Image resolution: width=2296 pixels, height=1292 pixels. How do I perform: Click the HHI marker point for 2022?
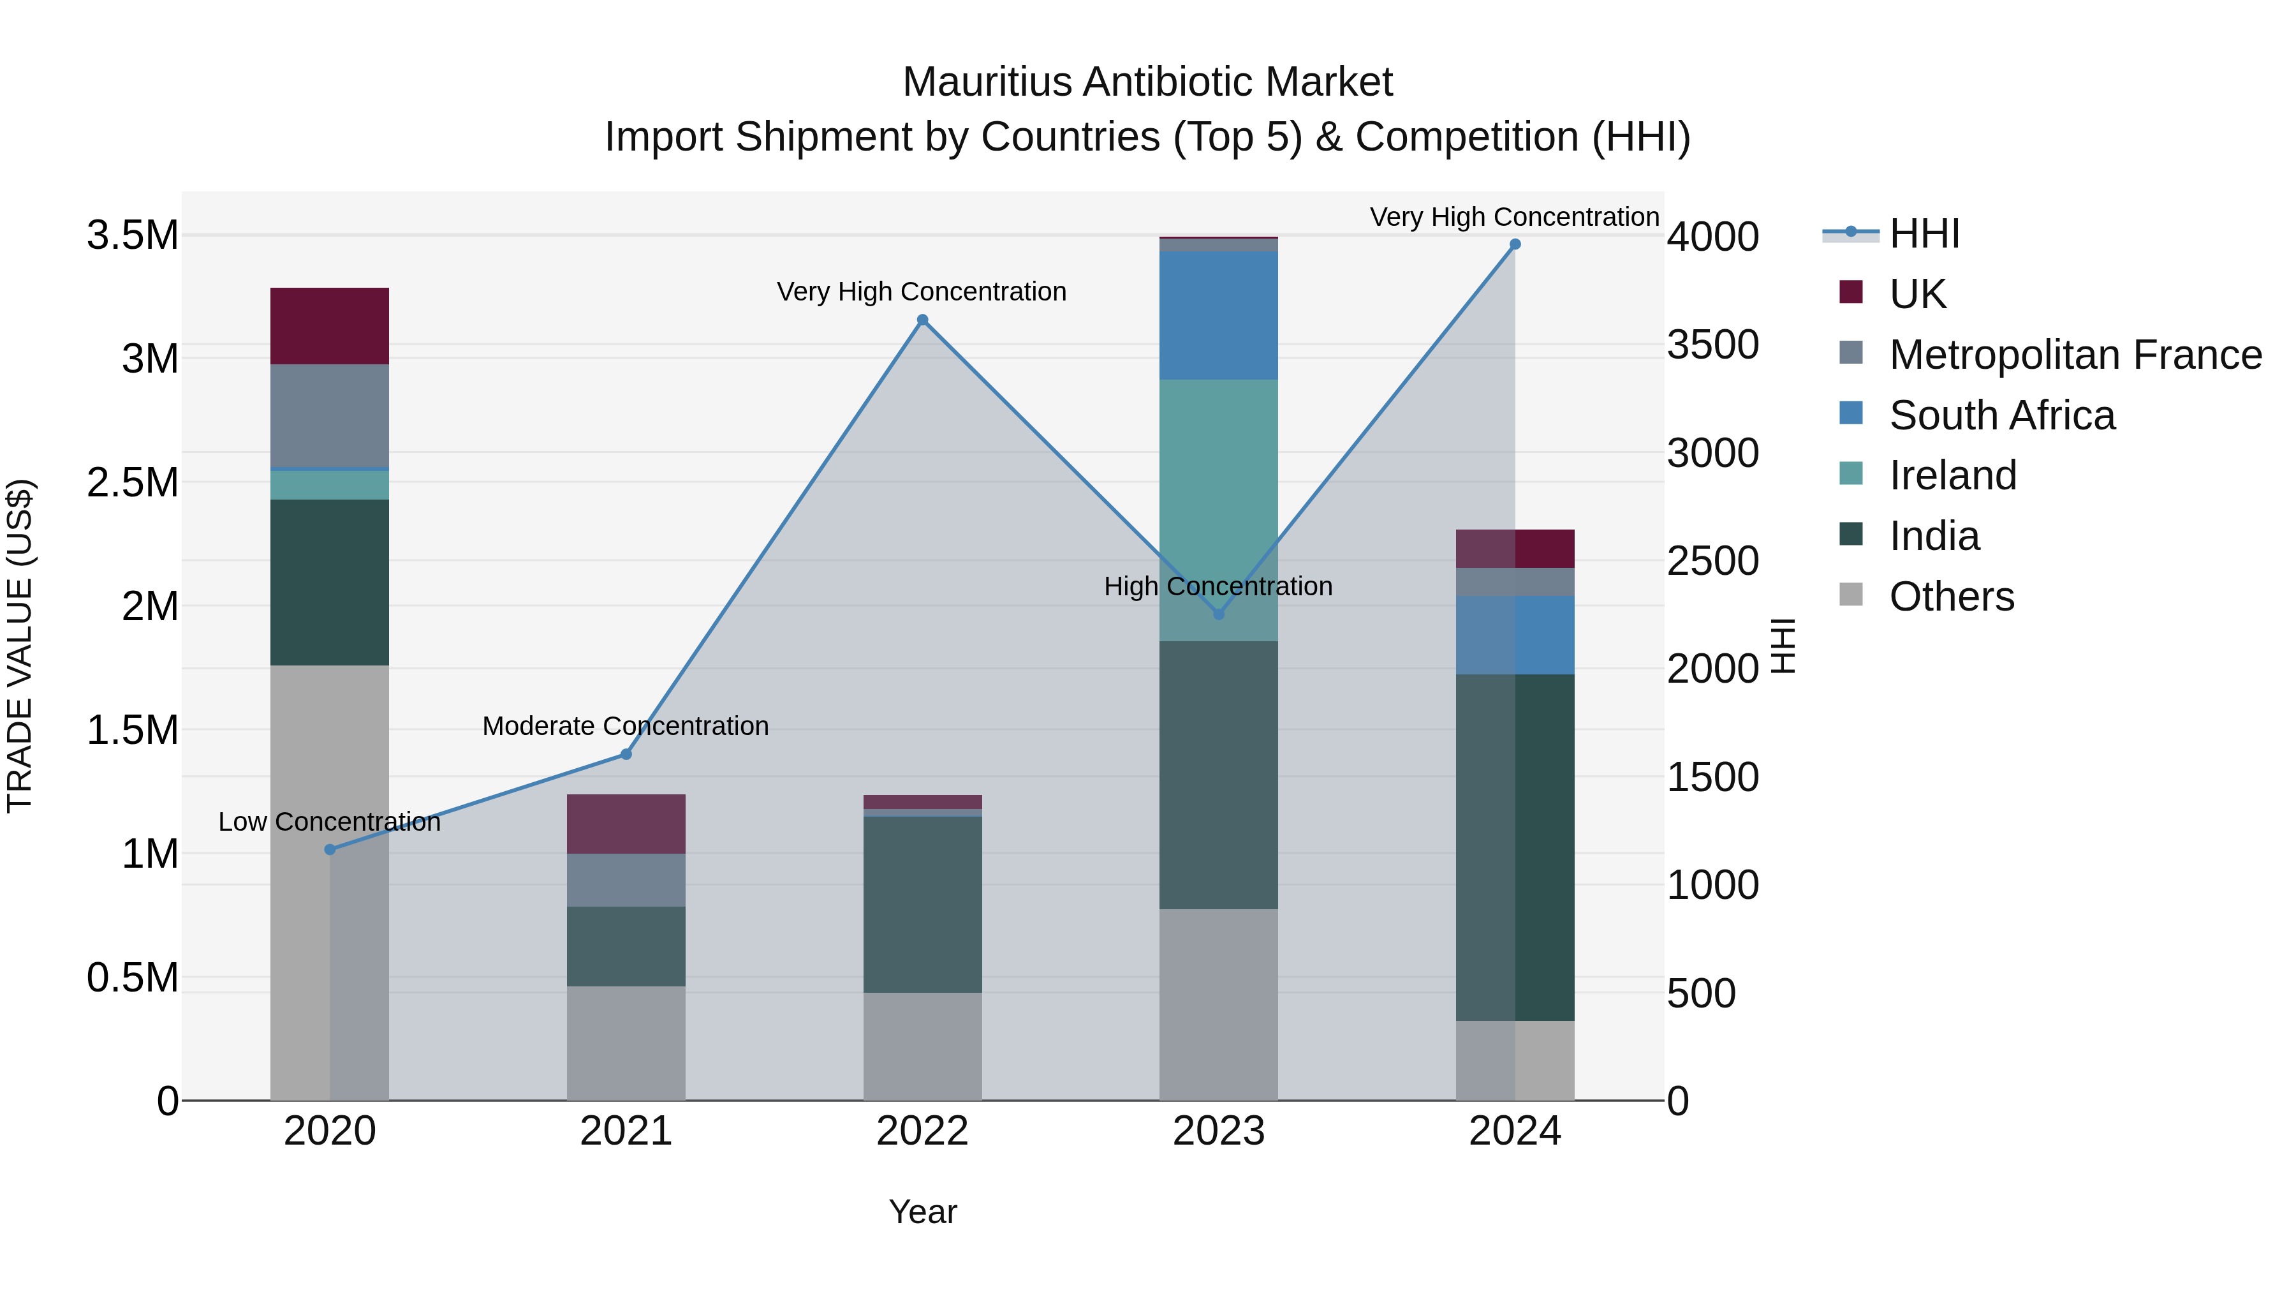pyautogui.click(x=922, y=320)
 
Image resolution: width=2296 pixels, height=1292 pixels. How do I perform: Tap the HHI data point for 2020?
pyautogui.click(x=330, y=850)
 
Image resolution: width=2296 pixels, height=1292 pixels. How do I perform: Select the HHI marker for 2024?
pyautogui.click(x=1515, y=244)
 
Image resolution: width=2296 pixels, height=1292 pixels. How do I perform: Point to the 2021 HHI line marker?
pyautogui.click(x=626, y=754)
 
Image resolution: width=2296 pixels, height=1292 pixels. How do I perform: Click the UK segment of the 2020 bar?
pyautogui.click(x=330, y=325)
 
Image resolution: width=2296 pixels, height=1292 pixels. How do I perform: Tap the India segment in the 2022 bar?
pyautogui.click(x=922, y=904)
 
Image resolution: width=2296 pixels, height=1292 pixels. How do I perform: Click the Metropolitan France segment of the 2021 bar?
pyautogui.click(x=626, y=880)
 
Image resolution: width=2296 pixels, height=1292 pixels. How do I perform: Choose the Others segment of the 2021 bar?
pyautogui.click(x=626, y=1043)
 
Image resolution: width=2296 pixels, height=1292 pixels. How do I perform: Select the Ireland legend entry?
pyautogui.click(x=1952, y=475)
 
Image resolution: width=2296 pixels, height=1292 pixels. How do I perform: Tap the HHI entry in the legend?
pyautogui.click(x=1924, y=234)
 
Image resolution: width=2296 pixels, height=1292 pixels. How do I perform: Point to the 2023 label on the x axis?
pyautogui.click(x=1218, y=1131)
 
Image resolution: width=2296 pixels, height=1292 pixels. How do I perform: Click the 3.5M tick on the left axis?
pyautogui.click(x=132, y=235)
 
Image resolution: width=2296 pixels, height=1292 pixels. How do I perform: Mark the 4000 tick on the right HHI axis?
pyautogui.click(x=1712, y=237)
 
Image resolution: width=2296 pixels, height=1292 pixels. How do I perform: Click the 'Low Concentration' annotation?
pyautogui.click(x=330, y=822)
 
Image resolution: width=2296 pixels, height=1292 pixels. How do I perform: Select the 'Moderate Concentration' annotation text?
pyautogui.click(x=626, y=726)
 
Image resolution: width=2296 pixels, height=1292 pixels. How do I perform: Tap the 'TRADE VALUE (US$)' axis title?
pyautogui.click(x=20, y=646)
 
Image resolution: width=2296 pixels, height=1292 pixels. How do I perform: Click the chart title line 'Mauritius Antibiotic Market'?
pyautogui.click(x=1147, y=82)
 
